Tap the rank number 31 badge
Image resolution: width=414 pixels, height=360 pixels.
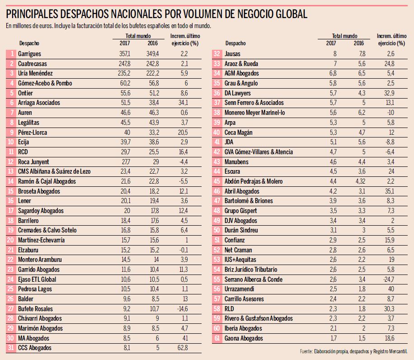11,348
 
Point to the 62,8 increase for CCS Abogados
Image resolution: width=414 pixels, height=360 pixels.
182,348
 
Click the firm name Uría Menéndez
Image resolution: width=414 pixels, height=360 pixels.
34,73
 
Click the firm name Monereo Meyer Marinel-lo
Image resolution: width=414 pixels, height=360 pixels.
254,113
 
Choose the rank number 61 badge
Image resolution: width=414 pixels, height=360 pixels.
217,338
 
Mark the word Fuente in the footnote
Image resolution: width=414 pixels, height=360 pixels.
307,351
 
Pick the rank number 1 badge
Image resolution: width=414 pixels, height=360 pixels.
11,54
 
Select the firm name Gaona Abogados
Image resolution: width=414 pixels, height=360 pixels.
244,338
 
